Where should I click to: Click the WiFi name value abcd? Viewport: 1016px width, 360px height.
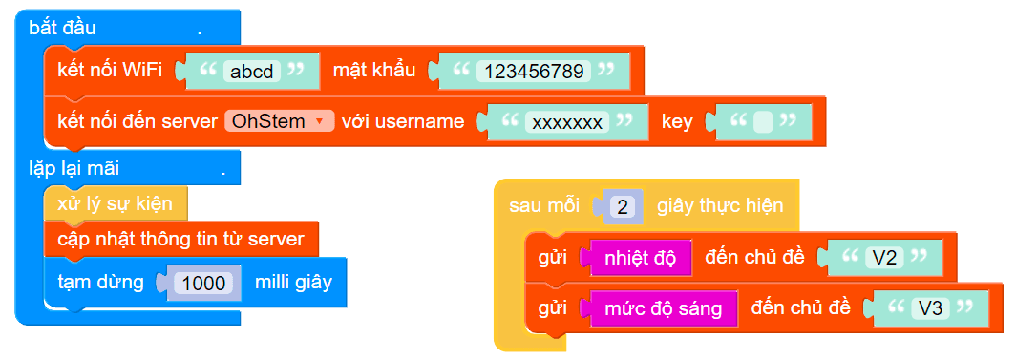252,71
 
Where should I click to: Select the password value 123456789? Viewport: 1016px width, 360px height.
534,71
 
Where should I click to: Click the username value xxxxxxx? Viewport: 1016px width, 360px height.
568,121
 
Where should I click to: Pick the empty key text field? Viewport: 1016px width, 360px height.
762,121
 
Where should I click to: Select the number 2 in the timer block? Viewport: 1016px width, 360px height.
623,206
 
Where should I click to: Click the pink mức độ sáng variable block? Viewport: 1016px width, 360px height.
664,308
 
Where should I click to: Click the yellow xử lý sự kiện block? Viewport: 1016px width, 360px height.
115,204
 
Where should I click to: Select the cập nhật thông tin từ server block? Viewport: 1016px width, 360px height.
180,239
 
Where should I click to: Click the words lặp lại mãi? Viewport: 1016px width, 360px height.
74,169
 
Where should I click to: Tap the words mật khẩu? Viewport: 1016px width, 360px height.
372,71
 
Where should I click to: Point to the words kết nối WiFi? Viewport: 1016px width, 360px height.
109,71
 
